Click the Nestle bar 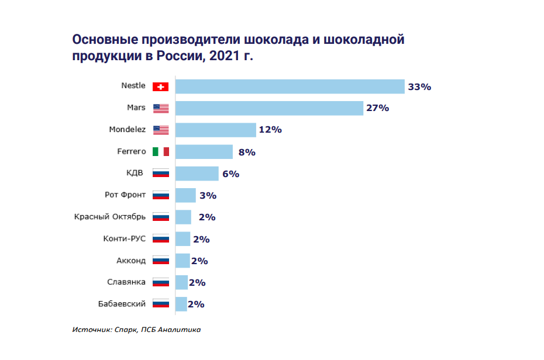coord(290,86)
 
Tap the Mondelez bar coord(216,130)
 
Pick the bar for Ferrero coord(204,152)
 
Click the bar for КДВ coord(197,174)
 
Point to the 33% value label coord(419,87)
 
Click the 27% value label coord(378,108)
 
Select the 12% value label coord(270,130)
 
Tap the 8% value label coord(247,152)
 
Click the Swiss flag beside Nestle coord(160,86)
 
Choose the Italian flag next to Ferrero coord(160,152)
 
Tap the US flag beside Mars coord(160,108)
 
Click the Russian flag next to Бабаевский coord(160,304)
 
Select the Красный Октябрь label coord(110,217)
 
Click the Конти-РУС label coord(123,238)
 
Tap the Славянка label coord(126,282)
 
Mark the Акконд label coord(131,261)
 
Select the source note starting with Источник coord(137,330)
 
